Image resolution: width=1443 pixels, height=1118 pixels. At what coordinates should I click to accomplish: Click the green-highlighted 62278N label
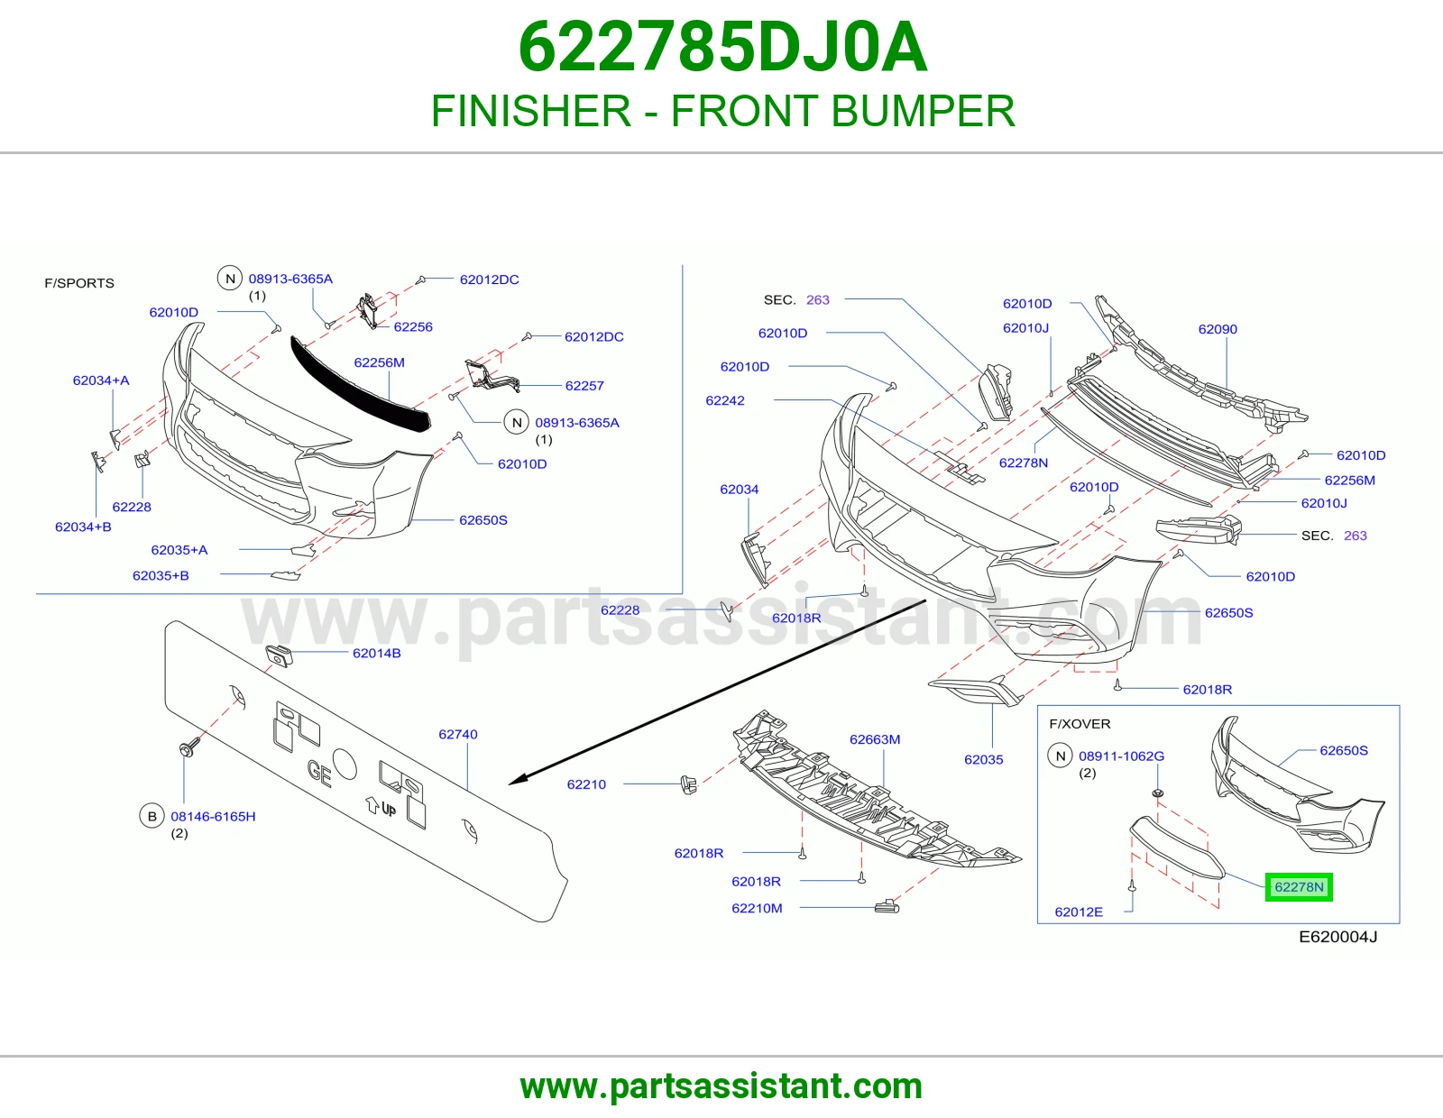click(x=1298, y=887)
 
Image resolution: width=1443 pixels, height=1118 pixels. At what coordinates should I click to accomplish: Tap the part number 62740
click(x=457, y=734)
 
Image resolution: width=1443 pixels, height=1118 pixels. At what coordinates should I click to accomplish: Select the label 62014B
click(x=376, y=654)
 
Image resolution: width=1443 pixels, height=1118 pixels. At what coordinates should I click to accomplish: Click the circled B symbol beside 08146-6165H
click(x=152, y=817)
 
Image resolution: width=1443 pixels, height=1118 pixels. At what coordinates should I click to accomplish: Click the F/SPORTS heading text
click(x=79, y=283)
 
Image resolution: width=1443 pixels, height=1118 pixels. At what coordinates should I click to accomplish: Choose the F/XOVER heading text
click(x=1080, y=724)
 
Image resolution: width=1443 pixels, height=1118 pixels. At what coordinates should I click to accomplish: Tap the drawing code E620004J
click(x=1338, y=937)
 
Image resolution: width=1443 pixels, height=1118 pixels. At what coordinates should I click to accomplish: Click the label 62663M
click(x=875, y=739)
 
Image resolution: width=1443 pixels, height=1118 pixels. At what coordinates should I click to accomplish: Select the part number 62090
click(x=1218, y=329)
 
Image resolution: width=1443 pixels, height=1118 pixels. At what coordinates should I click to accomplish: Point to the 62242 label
click(x=725, y=401)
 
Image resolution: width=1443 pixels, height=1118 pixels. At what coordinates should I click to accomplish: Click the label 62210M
click(x=757, y=908)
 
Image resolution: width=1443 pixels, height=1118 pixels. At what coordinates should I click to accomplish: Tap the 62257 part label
click(x=584, y=386)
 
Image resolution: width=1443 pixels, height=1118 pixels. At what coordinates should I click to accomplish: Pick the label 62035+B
click(x=161, y=575)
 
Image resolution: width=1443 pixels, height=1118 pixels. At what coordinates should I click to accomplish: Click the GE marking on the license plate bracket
click(x=319, y=773)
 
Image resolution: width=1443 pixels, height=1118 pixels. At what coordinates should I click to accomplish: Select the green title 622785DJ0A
click(x=722, y=47)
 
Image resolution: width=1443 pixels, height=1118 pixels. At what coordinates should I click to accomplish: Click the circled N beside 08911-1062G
click(x=1061, y=756)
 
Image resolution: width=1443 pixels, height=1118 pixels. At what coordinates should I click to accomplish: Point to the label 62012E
click(x=1079, y=912)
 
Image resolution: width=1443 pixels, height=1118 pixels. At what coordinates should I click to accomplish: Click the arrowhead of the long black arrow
click(x=517, y=780)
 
